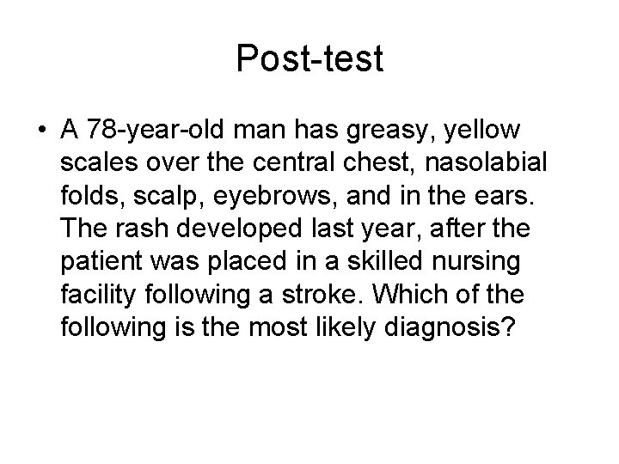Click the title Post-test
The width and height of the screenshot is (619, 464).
tap(309, 58)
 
